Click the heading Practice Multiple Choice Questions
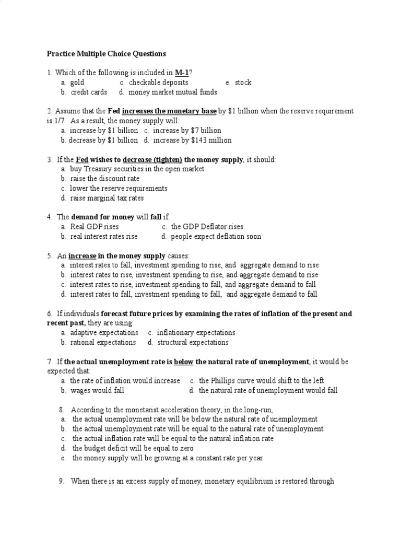tap(106, 53)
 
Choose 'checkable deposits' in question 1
tap(159, 83)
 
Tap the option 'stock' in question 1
tap(243, 83)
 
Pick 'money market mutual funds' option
tap(172, 92)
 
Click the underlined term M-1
tap(182, 73)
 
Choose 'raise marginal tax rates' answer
tap(107, 198)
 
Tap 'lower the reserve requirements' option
tap(119, 188)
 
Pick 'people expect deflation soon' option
tap(216, 237)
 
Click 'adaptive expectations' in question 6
tap(104, 333)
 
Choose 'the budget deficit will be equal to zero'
tap(133, 448)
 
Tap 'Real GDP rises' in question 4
tap(94, 227)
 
